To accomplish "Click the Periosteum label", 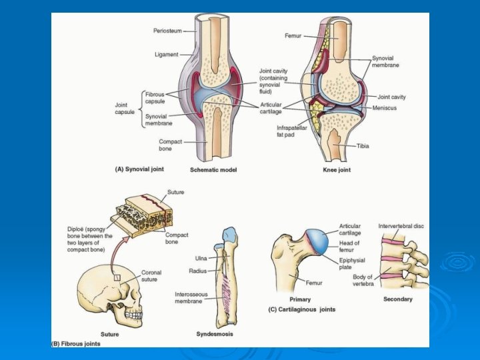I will pos(166,31).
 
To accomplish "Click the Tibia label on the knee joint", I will pos(363,146).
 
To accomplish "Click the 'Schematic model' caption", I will pos(213,169).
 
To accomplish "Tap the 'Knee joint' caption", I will pos(337,169).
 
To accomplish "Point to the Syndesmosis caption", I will pos(214,333).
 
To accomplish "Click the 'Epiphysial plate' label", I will pos(351,265).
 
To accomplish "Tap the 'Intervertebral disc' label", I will pos(401,226).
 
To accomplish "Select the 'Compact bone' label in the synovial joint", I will pos(171,145).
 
